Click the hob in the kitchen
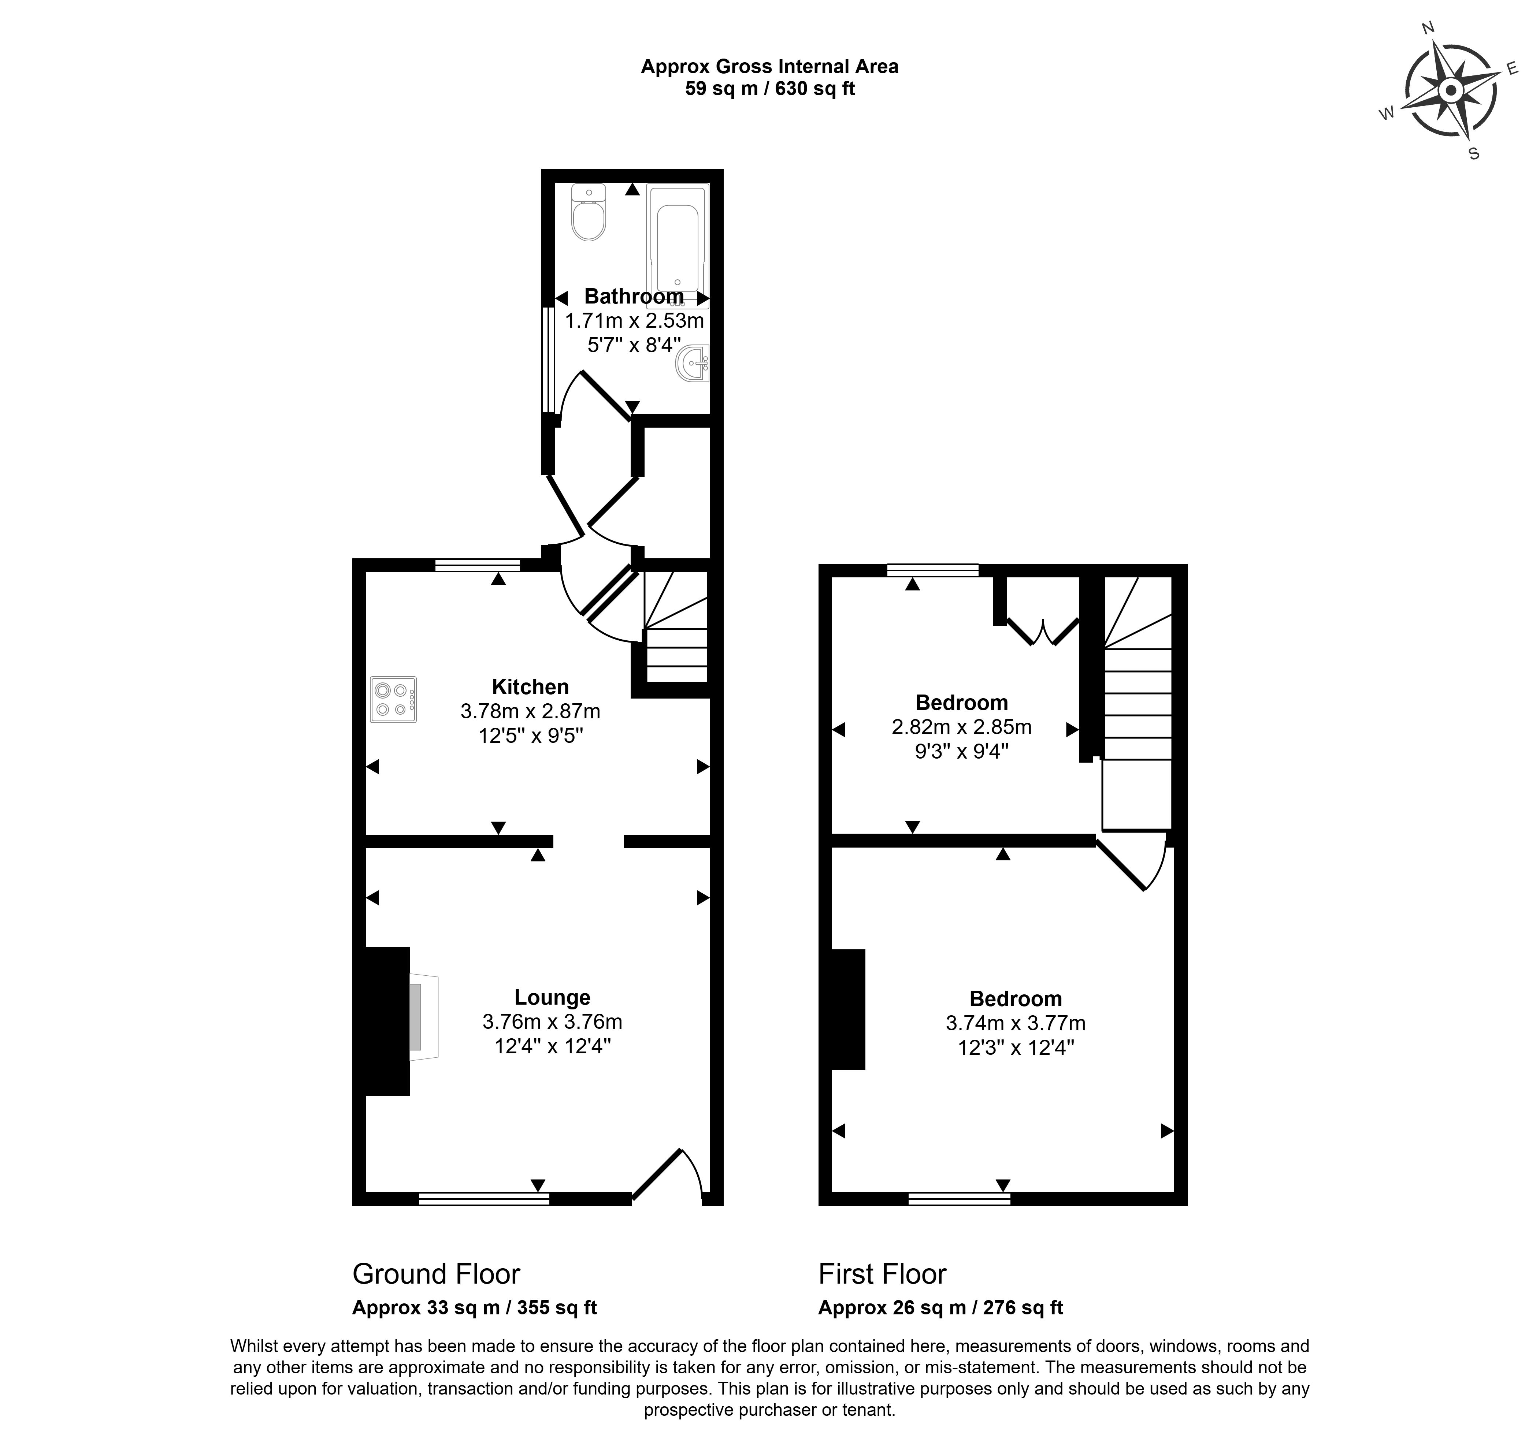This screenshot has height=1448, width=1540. [394, 699]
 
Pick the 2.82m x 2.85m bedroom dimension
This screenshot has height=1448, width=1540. [961, 727]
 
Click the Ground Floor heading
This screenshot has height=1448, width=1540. [436, 1274]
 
